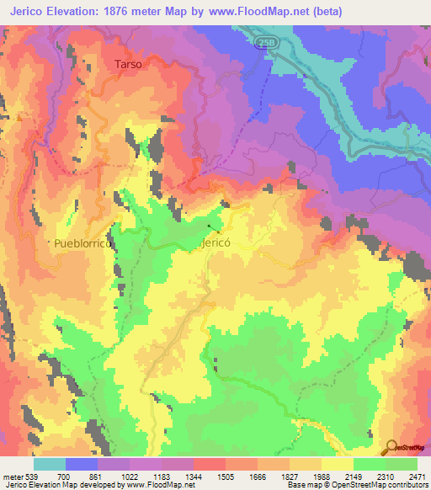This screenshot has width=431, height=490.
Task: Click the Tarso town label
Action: coord(125,64)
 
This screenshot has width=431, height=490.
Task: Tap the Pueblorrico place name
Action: coord(82,242)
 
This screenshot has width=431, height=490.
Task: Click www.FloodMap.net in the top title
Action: coord(276,11)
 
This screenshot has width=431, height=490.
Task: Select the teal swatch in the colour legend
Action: coord(49,464)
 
